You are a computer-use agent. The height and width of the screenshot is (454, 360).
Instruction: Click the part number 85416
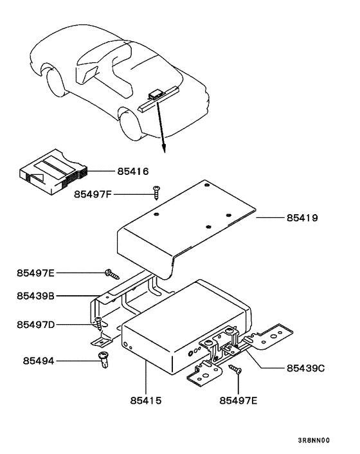(x=132, y=172)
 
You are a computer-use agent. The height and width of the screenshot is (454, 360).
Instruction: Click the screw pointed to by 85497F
(x=156, y=192)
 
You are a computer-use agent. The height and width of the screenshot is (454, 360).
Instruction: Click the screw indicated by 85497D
(x=98, y=322)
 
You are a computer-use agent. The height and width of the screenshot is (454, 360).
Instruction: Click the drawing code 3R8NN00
(x=314, y=440)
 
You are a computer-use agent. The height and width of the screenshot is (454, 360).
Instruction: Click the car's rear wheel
(x=136, y=124)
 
